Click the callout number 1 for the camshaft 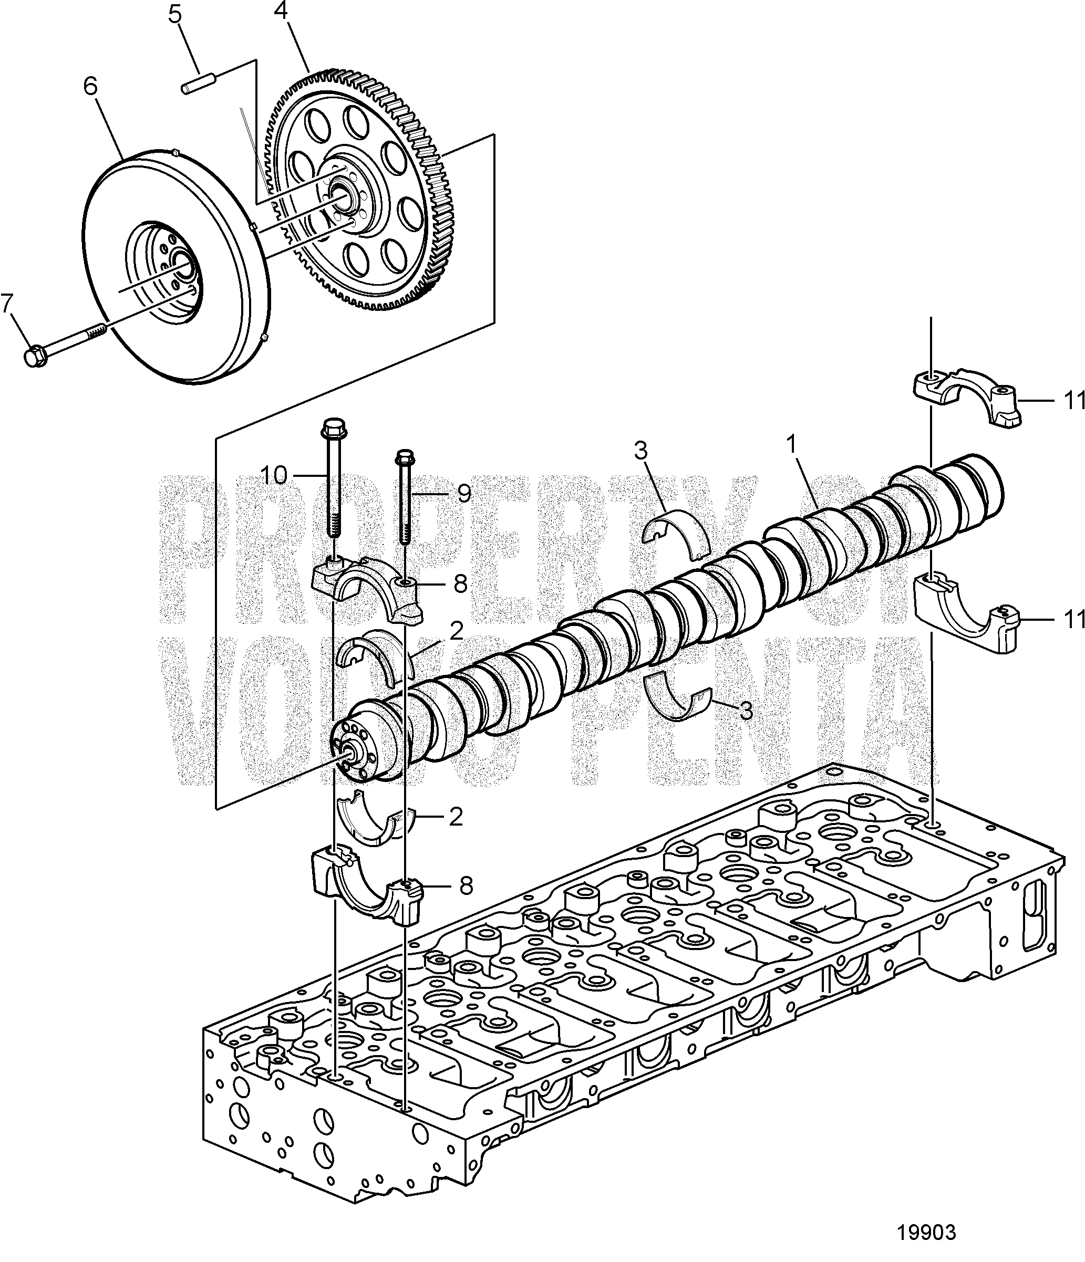[791, 446]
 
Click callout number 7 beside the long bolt [7, 303]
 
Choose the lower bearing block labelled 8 [366, 889]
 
